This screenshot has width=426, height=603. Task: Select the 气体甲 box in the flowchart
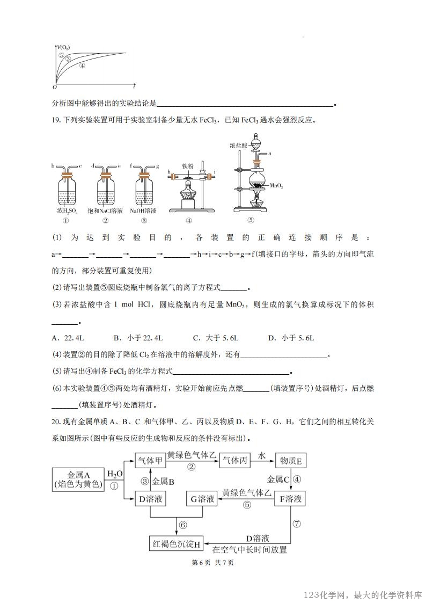[150, 461]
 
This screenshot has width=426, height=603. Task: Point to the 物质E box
[291, 461]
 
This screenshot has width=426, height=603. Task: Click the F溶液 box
[291, 499]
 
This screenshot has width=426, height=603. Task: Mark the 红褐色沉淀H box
[175, 543]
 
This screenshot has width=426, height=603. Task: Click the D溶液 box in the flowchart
[150, 499]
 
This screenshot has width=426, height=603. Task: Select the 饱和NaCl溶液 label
[106, 211]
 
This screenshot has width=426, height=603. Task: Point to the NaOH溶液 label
[143, 211]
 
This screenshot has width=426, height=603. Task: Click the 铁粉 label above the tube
[187, 166]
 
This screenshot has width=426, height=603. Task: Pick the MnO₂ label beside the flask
[276, 186]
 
